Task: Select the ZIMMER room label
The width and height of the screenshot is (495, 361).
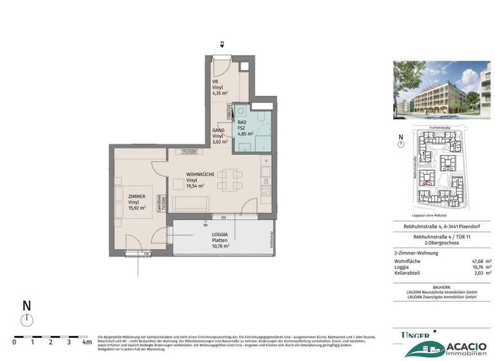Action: pos(137,196)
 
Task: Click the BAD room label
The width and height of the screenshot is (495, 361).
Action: pos(242,122)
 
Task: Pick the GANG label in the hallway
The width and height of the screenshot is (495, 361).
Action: pos(218,130)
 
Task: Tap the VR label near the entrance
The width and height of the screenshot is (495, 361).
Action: pos(215,83)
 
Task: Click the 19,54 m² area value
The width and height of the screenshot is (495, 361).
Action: pos(195,186)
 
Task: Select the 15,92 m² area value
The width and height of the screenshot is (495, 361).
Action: pos(137,208)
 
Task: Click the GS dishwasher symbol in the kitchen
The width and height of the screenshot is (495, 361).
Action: pos(265,182)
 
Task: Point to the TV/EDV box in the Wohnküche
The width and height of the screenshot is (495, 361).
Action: pos(188,151)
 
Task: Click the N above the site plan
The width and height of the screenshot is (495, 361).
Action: pos(400,137)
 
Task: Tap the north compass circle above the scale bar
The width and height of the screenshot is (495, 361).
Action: pos(26,320)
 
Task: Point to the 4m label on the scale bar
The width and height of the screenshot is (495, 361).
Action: pos(86,342)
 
